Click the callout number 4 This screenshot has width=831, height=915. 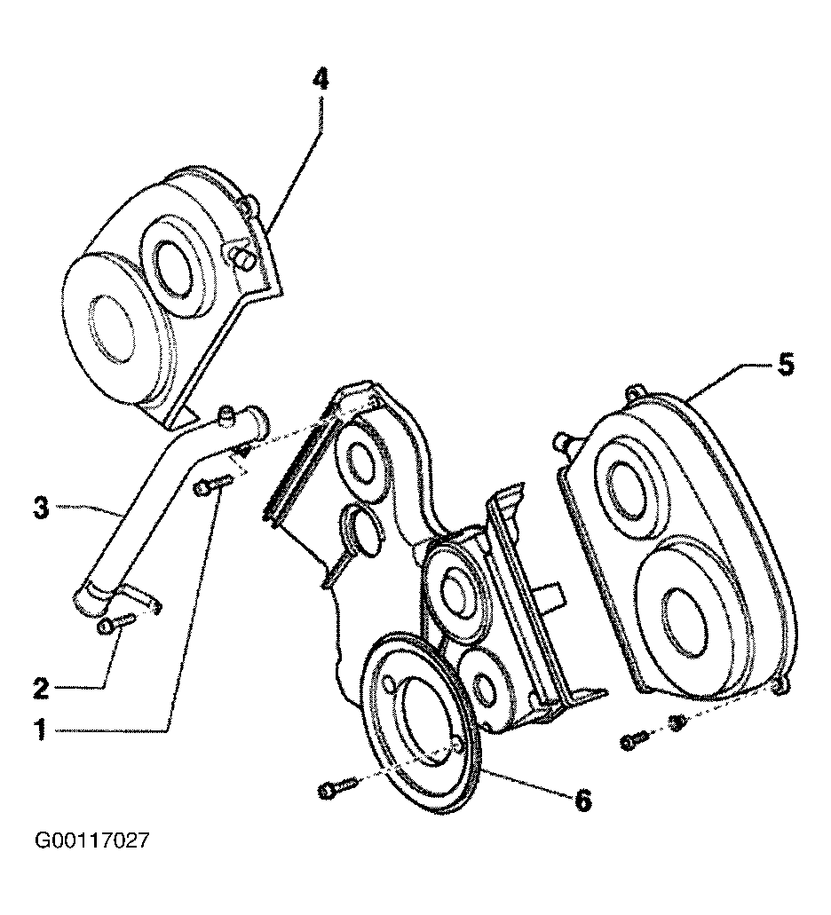(x=320, y=78)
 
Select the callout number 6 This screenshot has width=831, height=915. (x=582, y=800)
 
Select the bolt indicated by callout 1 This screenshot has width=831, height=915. (x=215, y=483)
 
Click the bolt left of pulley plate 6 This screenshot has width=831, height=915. (x=336, y=787)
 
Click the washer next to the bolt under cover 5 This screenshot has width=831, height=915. (x=677, y=723)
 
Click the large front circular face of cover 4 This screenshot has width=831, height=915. (x=111, y=325)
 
